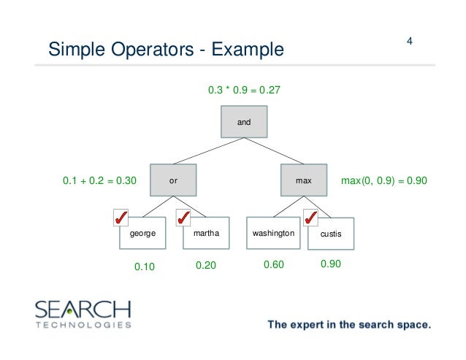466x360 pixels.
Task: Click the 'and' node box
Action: [x=244, y=122]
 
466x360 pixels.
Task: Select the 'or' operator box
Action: [x=173, y=179]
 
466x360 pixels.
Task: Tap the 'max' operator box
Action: [x=303, y=179]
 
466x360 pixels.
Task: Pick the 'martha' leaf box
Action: [x=207, y=235]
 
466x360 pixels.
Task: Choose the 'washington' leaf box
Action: [x=272, y=235]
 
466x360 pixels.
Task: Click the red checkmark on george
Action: [x=122, y=218]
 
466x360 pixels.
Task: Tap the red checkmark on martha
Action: [x=184, y=218]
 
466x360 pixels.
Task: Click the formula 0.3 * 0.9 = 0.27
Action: [x=244, y=91]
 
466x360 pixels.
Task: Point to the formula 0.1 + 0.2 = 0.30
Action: [x=100, y=180]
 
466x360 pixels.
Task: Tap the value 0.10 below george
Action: [x=145, y=267]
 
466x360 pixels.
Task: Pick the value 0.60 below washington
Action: [x=274, y=266]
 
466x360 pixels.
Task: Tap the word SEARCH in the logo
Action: [x=83, y=309]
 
